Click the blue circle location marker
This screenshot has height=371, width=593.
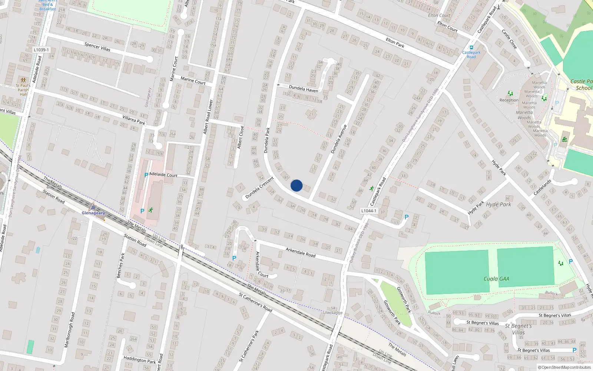[x=296, y=185]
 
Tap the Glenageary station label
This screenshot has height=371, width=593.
[x=93, y=213]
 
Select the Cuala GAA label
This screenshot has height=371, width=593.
[x=496, y=279]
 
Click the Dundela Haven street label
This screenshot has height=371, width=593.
[x=304, y=89]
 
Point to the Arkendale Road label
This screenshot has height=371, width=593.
[x=301, y=253]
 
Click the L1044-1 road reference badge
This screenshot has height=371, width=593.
[x=368, y=211]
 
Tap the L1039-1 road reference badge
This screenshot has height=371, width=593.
[x=41, y=50]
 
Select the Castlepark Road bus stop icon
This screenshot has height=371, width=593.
[x=471, y=47]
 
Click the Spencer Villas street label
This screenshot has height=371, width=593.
[x=97, y=46]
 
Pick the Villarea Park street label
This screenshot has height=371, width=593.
[x=134, y=120]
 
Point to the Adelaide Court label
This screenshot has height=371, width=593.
[x=163, y=175]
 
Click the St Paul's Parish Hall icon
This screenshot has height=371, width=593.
[x=23, y=80]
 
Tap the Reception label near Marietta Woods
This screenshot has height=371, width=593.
[x=509, y=100]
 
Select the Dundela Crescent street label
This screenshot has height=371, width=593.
[x=259, y=187]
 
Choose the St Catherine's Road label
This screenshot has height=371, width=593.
[x=255, y=302]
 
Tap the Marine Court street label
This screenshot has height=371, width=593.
[x=193, y=80]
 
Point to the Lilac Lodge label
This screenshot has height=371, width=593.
[x=333, y=312]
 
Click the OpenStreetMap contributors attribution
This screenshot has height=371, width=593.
[x=564, y=368]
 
